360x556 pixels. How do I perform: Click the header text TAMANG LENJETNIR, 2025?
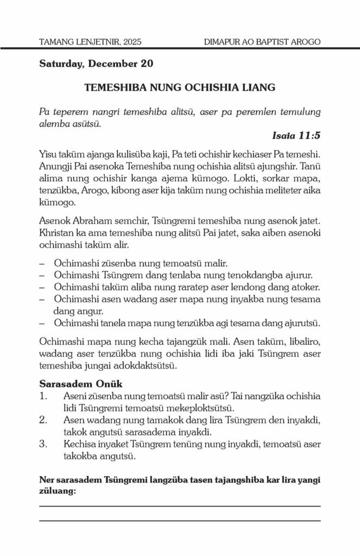pyautogui.click(x=90, y=42)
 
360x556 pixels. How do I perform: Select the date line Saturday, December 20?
pyautogui.click(x=96, y=64)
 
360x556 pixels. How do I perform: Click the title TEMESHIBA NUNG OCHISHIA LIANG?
pyautogui.click(x=180, y=87)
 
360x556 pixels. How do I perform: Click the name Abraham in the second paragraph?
pyautogui.click(x=96, y=223)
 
